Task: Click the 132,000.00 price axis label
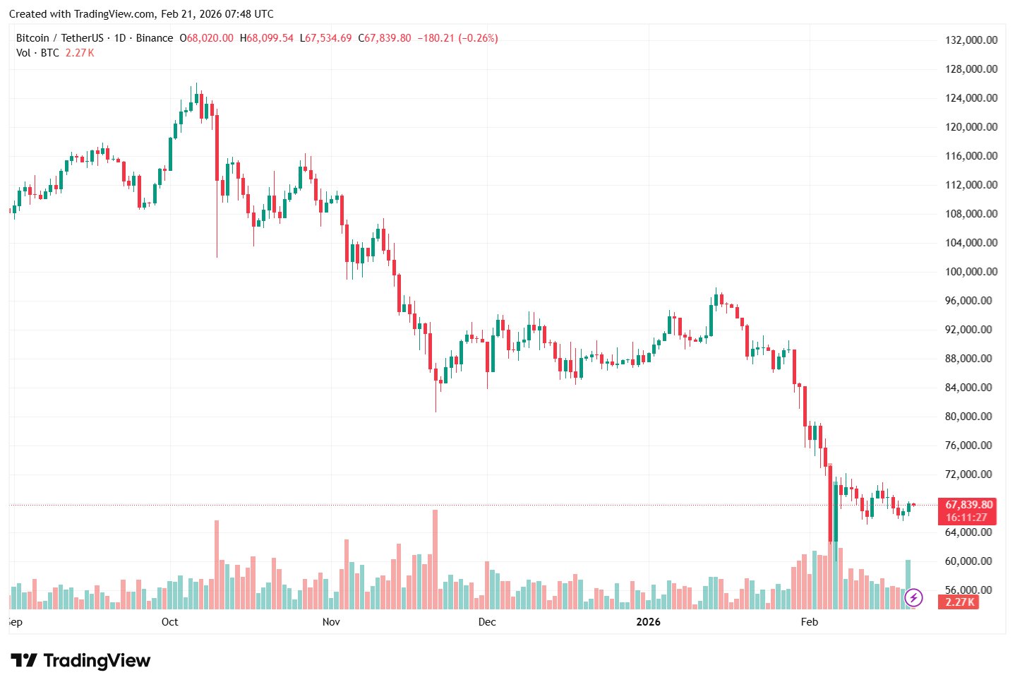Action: [x=971, y=40]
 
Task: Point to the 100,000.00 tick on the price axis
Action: [x=971, y=272]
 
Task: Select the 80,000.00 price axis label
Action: [x=971, y=417]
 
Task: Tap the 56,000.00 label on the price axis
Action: [x=971, y=590]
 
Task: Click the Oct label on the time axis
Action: [x=169, y=622]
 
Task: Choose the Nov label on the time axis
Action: [x=331, y=622]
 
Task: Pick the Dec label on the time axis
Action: [x=487, y=622]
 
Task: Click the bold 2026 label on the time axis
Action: [x=648, y=622]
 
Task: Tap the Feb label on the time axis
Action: [x=810, y=622]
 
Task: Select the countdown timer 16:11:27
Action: [x=966, y=518]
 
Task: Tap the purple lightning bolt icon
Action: [x=913, y=598]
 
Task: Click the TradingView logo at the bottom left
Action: [x=80, y=661]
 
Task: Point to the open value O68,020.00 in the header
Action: [x=206, y=38]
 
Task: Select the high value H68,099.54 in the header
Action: [x=267, y=38]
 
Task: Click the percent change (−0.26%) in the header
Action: [x=478, y=38]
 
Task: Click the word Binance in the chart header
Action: [x=155, y=38]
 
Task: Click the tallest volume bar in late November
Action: [x=435, y=558]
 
